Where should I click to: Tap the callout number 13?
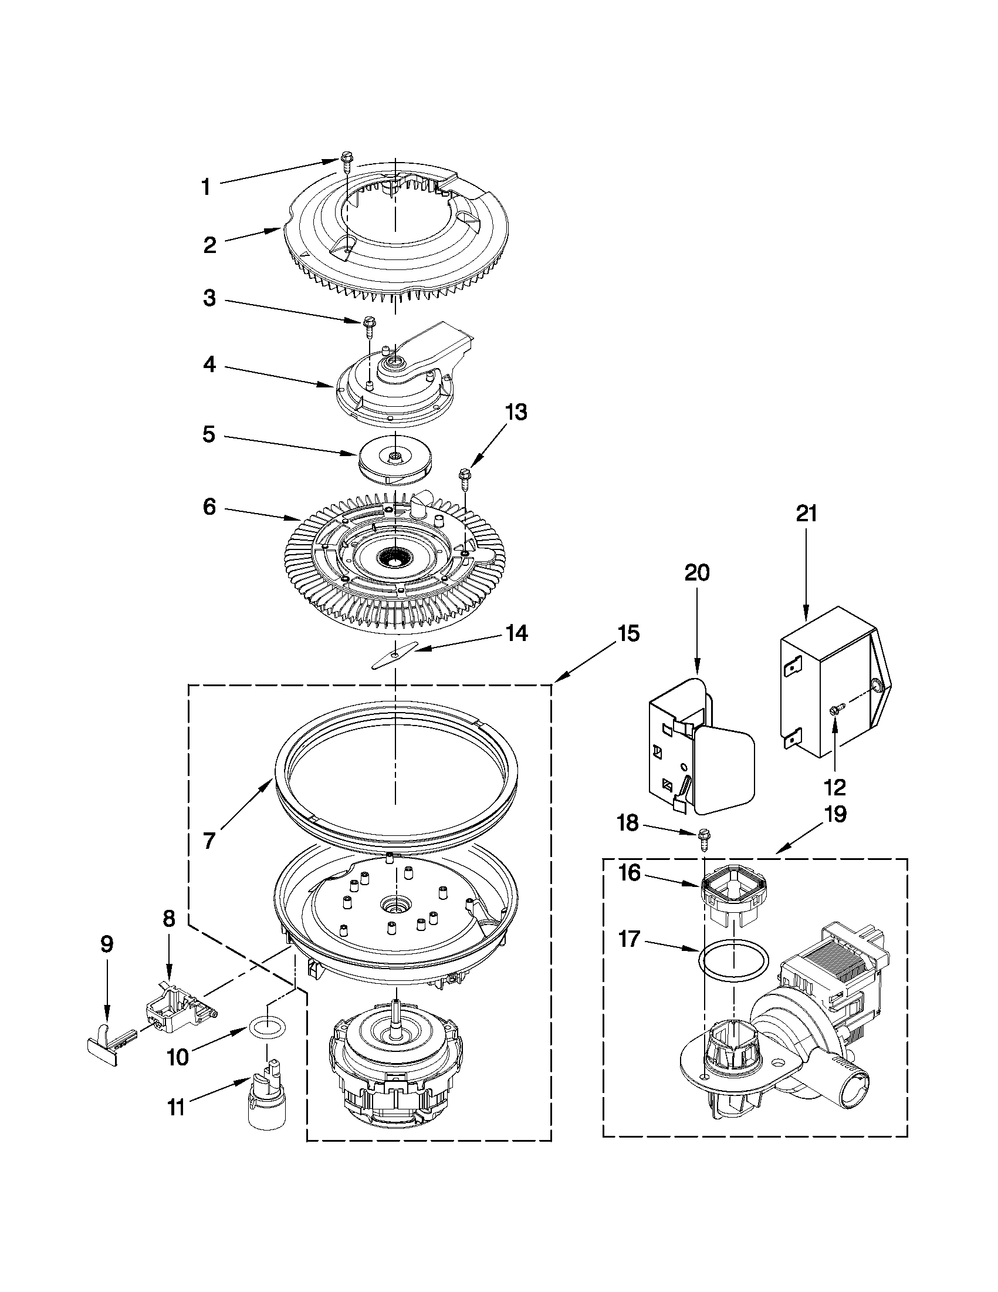click(516, 411)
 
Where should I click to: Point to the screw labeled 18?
click(703, 838)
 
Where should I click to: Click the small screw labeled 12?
click(835, 710)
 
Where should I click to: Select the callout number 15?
click(627, 633)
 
